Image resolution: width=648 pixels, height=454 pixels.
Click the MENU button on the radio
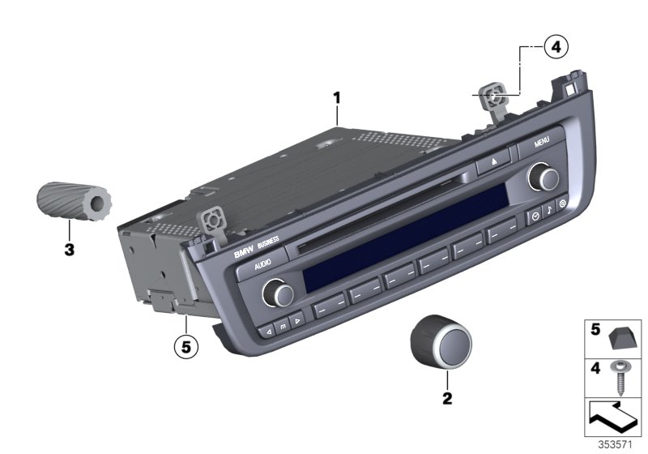point(541,143)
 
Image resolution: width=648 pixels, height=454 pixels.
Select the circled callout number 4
point(556,47)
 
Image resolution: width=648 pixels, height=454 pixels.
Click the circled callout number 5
point(186,347)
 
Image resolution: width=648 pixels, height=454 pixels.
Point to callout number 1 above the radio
point(337,98)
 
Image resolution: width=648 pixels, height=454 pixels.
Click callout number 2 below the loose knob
point(447,399)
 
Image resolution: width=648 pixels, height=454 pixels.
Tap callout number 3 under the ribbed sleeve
point(70,250)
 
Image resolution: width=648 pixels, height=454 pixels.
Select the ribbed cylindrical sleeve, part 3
point(74,201)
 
